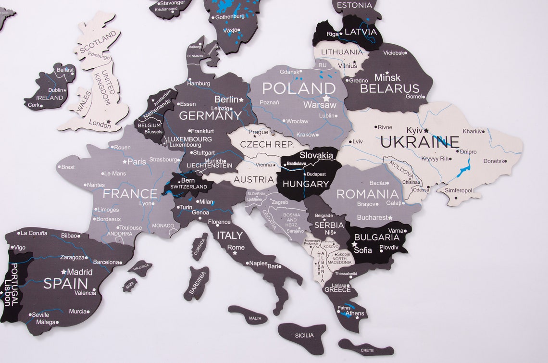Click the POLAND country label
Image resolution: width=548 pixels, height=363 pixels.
[299, 88]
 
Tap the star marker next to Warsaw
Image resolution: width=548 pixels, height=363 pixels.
[326, 98]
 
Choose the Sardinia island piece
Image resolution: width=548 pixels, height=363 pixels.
[198, 283]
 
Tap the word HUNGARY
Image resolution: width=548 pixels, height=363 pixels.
[306, 184]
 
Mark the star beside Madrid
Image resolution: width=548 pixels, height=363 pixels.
[63, 272]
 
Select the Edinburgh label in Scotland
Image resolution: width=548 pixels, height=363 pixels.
[99, 55]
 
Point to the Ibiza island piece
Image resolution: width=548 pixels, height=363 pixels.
[130, 284]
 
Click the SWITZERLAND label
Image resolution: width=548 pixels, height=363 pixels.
[188, 187]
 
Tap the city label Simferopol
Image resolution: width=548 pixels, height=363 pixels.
[458, 190]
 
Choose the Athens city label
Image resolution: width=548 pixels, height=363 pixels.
[355, 313]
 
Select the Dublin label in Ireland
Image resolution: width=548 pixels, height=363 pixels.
[56, 90]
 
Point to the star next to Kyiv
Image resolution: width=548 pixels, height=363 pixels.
[426, 130]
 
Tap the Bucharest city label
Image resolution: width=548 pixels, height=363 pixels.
[372, 217]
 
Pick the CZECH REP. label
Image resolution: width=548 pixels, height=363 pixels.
[266, 144]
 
